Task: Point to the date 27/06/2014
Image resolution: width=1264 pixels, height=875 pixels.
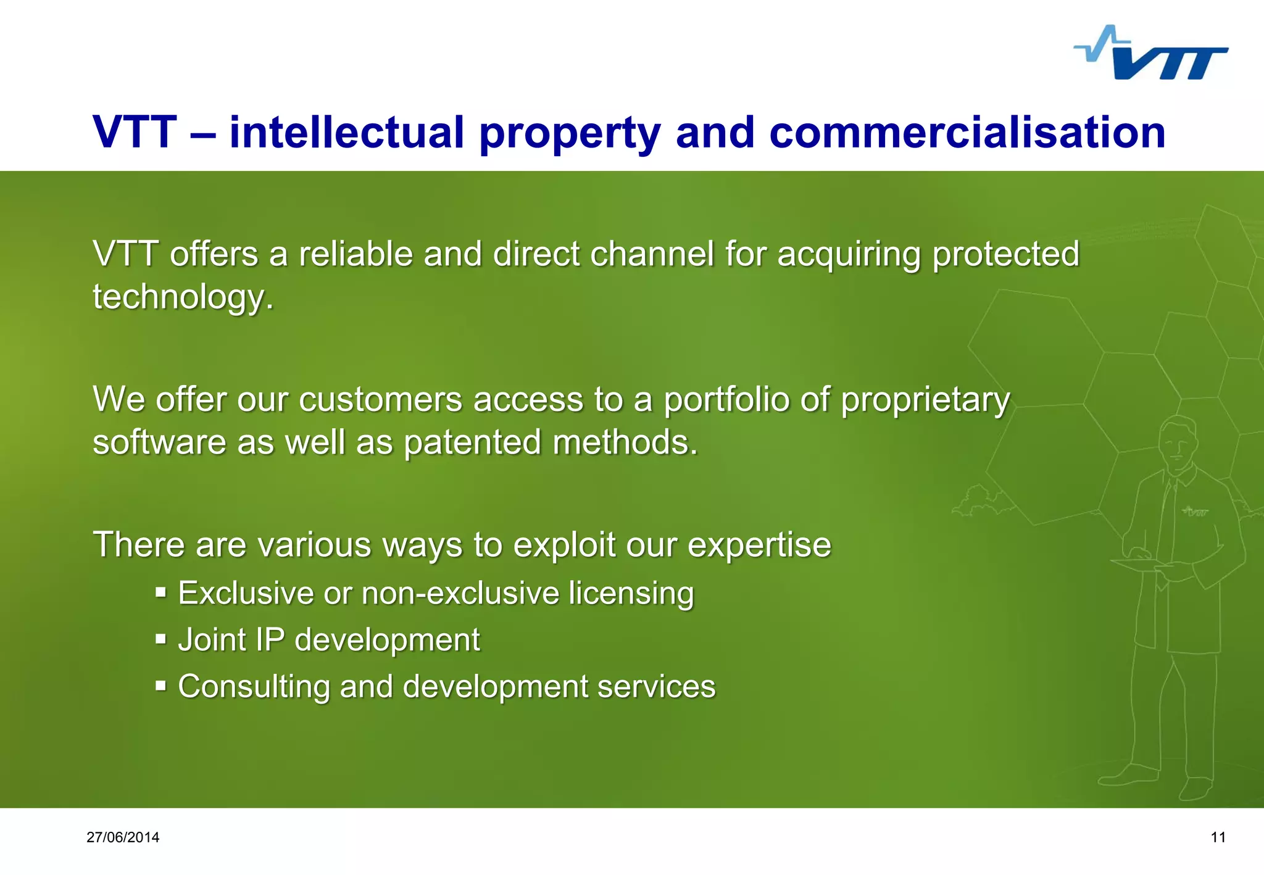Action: click(123, 837)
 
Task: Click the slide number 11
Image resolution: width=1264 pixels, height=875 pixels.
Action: click(1218, 837)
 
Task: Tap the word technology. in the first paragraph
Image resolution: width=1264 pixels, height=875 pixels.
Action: click(183, 297)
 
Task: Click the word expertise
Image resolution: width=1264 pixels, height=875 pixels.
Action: click(759, 545)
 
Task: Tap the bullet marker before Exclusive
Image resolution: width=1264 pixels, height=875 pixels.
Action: click(161, 592)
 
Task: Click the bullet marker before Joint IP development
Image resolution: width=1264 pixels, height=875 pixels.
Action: click(161, 639)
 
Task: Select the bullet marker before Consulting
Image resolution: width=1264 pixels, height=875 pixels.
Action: click(161, 686)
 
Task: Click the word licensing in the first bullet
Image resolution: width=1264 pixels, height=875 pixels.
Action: click(631, 594)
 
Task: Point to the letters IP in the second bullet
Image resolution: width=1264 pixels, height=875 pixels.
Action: click(270, 639)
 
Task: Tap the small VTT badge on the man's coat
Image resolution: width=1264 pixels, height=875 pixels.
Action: click(1195, 512)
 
